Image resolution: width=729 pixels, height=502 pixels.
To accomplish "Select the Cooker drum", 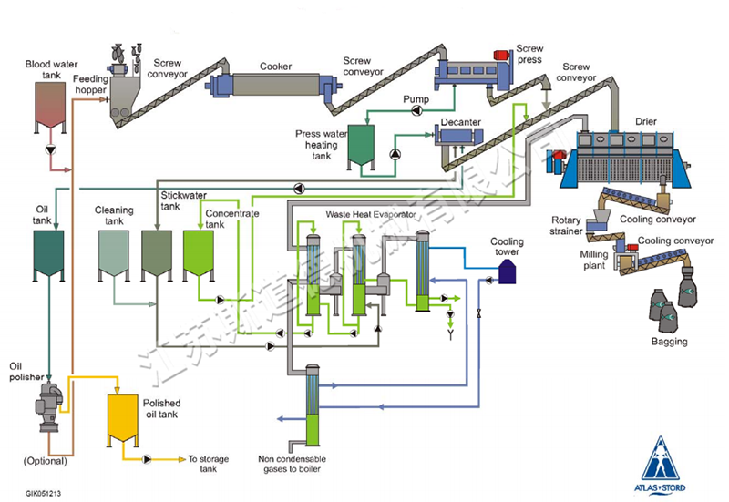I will (274, 85).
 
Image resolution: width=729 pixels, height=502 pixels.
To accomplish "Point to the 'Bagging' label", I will (669, 342).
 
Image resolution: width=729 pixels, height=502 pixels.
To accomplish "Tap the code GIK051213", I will (44, 494).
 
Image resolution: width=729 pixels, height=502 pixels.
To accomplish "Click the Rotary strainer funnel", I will (598, 220).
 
